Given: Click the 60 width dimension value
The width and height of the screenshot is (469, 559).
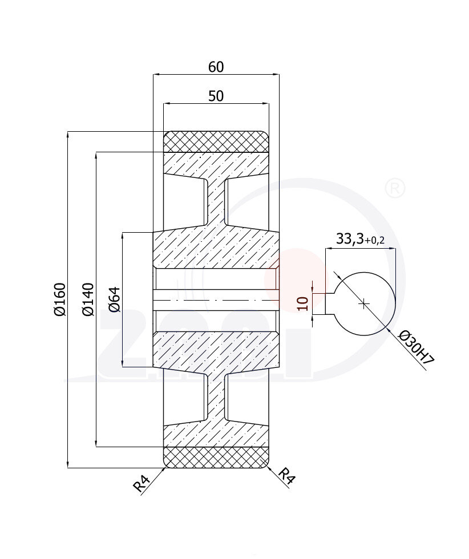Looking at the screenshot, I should click(216, 67).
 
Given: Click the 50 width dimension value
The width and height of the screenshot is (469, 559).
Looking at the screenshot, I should click(216, 96).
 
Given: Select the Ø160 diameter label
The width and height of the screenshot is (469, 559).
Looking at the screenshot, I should click(60, 299).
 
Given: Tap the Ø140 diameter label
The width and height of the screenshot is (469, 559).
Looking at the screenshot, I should click(88, 299).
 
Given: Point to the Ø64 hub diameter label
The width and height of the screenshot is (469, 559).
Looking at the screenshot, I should click(115, 299).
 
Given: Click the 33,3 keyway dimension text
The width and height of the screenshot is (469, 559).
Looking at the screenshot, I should click(349, 240).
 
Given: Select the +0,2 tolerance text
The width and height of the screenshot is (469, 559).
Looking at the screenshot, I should click(374, 241).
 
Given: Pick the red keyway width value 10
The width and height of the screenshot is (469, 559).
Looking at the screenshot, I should click(304, 303).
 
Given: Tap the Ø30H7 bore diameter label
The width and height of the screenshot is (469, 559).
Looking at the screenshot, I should click(416, 347).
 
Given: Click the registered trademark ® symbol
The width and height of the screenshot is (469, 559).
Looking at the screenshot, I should click(395, 188).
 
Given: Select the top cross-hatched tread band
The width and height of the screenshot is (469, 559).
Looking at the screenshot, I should click(216, 141).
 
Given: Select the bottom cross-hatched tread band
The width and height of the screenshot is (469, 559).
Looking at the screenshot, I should click(216, 457).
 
